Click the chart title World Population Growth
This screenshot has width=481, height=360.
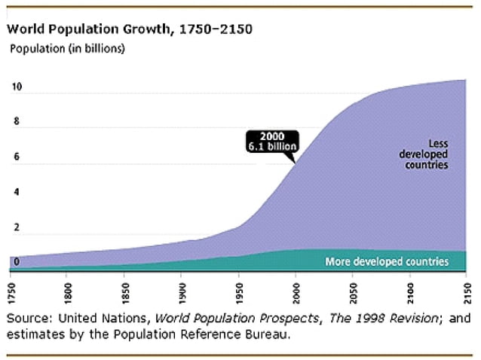coord(129,30)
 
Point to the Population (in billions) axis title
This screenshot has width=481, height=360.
coord(66,49)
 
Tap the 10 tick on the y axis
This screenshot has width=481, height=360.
coord(16,87)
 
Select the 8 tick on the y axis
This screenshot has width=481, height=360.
coord(16,122)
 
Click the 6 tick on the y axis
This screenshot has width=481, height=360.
coord(16,157)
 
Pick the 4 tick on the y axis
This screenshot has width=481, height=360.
coord(16,193)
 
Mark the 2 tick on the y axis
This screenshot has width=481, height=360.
coord(16,227)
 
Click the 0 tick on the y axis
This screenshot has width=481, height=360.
coord(16,262)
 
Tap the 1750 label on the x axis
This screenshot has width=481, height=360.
coord(11,289)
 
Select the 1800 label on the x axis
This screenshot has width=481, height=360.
coord(68,289)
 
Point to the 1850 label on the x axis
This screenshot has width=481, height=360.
coord(125,289)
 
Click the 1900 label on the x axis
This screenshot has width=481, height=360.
coord(182,289)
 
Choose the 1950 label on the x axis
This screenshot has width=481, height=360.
coord(239,289)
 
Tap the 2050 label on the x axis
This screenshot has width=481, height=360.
coord(353,289)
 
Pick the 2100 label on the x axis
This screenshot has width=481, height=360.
coord(410,289)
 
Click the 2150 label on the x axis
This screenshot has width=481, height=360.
coord(467,289)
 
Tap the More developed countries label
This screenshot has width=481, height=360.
coord(386,261)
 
